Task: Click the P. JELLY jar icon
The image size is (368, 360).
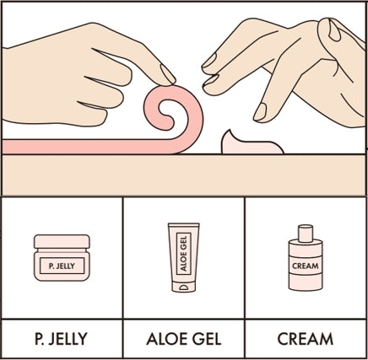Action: pos(61,257)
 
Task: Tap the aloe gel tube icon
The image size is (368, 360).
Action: pos(184,258)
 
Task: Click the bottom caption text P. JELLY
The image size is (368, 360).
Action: pos(60,340)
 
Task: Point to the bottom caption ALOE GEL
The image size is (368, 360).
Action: pos(184,340)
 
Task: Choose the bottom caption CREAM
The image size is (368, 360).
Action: pos(306,340)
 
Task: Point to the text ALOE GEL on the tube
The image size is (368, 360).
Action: pos(184,253)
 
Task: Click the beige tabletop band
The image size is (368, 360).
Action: pos(184,175)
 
